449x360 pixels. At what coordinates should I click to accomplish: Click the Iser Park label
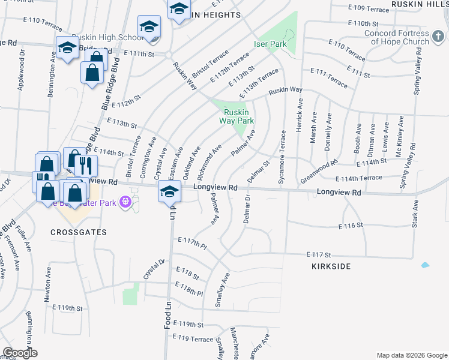[x=270, y=44]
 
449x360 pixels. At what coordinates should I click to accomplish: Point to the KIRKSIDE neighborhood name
[x=331, y=266]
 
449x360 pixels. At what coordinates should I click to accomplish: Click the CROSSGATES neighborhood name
[x=79, y=232]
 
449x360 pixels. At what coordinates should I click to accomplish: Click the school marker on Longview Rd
[x=170, y=191]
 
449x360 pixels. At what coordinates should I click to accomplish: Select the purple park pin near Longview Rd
[x=125, y=202]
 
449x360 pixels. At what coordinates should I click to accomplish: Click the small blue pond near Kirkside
[x=425, y=265]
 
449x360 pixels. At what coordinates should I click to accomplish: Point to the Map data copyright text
[x=411, y=355]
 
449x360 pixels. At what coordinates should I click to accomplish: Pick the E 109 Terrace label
[x=369, y=9]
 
